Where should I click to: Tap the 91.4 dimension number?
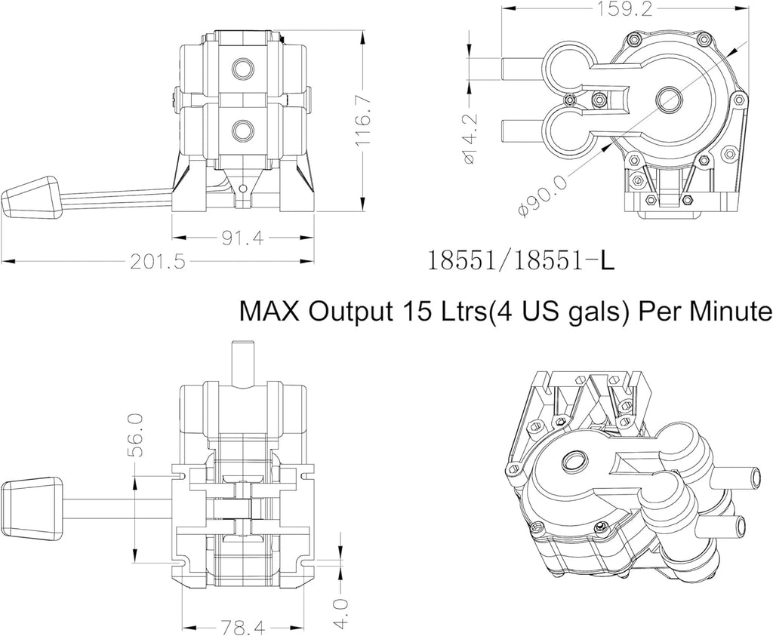(242, 238)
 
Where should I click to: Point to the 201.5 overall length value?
(159, 261)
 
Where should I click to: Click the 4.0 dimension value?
(340, 614)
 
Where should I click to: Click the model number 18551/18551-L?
(521, 260)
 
